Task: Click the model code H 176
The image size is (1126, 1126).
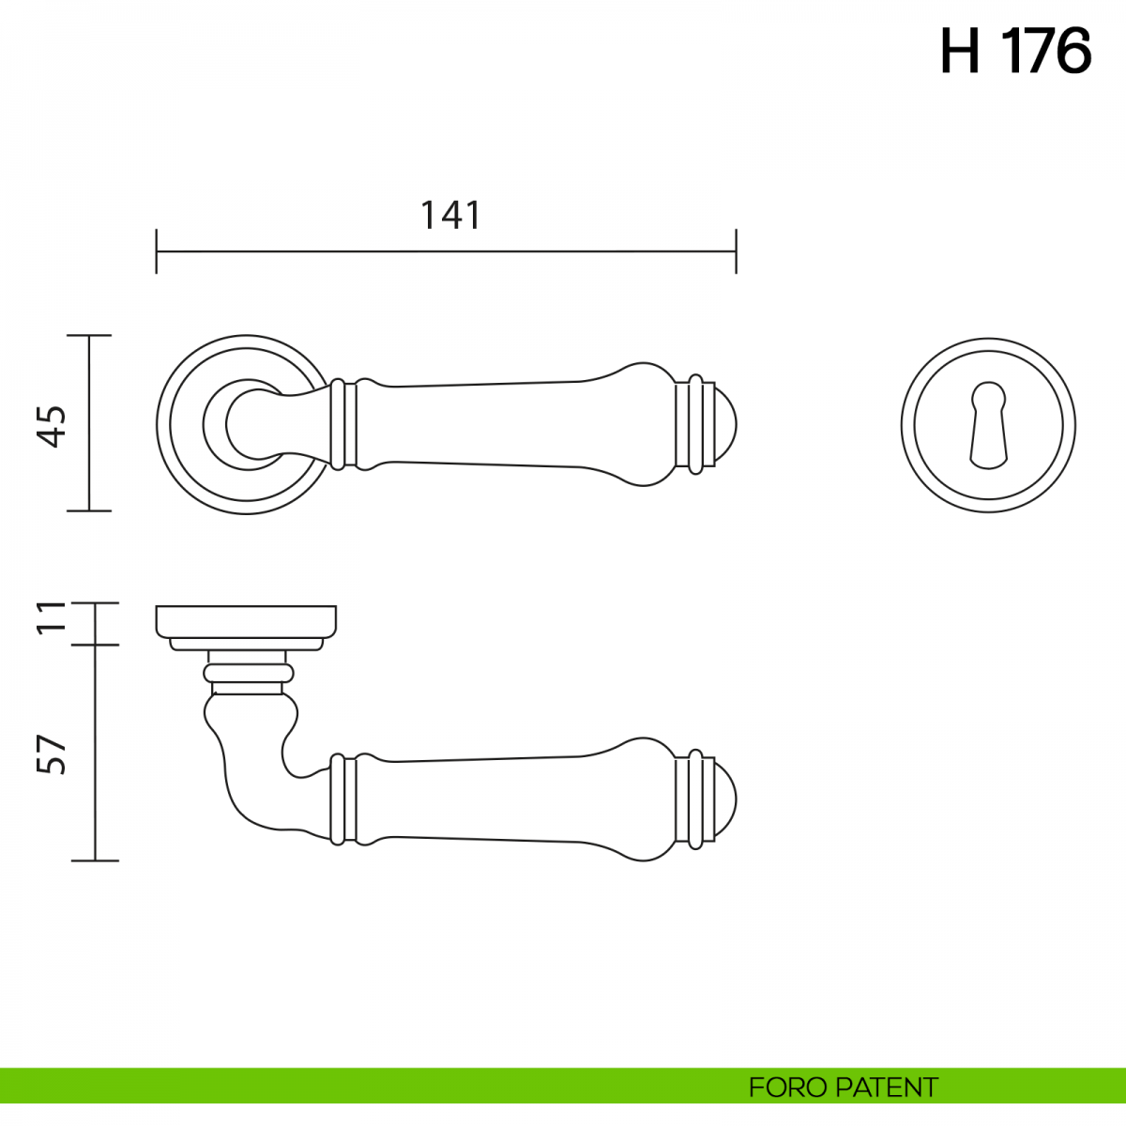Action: click(1015, 52)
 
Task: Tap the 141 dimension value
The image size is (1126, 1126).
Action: click(450, 215)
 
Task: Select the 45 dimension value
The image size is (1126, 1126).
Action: click(53, 426)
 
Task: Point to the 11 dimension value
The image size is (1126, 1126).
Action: click(53, 616)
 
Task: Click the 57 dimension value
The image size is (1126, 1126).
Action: click(53, 754)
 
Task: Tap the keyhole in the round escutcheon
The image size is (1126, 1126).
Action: click(988, 425)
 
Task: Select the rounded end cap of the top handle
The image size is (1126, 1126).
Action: click(725, 425)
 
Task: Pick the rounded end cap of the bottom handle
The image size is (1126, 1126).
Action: click(725, 800)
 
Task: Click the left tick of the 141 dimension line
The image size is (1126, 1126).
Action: click(156, 251)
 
